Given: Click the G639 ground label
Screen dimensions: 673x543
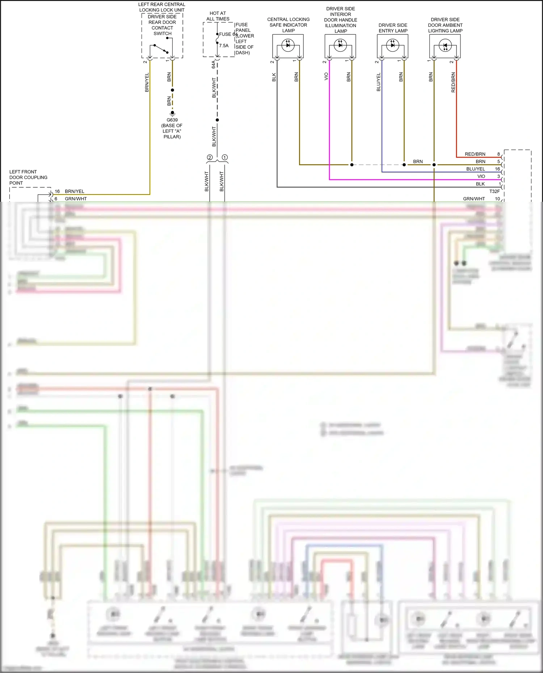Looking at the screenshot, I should point(172,120).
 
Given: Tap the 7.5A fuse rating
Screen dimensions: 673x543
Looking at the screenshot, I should point(224,46).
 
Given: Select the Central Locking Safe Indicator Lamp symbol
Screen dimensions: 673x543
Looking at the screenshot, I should point(288,46).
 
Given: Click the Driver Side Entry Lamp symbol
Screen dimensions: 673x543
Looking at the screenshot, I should point(392,46).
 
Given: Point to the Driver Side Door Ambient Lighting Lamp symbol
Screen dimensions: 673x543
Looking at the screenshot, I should point(445,46).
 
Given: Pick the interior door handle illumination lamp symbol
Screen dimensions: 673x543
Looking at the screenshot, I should point(340,46).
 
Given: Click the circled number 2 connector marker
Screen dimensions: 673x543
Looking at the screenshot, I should point(210,157).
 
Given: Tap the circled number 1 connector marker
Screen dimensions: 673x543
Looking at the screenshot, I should point(225,157).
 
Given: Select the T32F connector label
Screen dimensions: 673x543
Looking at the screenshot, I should point(494,191).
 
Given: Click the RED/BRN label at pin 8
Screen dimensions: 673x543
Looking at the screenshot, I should point(475,154).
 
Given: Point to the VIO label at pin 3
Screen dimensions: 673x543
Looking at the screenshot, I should point(481,176).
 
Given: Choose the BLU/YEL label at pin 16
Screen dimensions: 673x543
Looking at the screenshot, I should point(476,169).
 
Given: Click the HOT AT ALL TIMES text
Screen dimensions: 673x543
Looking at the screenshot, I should point(218,16).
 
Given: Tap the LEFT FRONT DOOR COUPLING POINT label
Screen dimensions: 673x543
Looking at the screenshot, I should point(28,177).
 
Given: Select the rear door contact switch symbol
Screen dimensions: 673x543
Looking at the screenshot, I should point(161,49).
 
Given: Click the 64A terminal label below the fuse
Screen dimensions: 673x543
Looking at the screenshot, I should point(214,64).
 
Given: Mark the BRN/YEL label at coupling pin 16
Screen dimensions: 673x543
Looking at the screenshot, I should point(75,191).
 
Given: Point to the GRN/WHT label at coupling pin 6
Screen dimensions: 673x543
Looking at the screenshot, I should point(76,199).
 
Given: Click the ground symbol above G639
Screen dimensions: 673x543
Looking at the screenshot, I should point(172,114).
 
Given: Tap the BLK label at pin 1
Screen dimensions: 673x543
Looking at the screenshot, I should point(480,184).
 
